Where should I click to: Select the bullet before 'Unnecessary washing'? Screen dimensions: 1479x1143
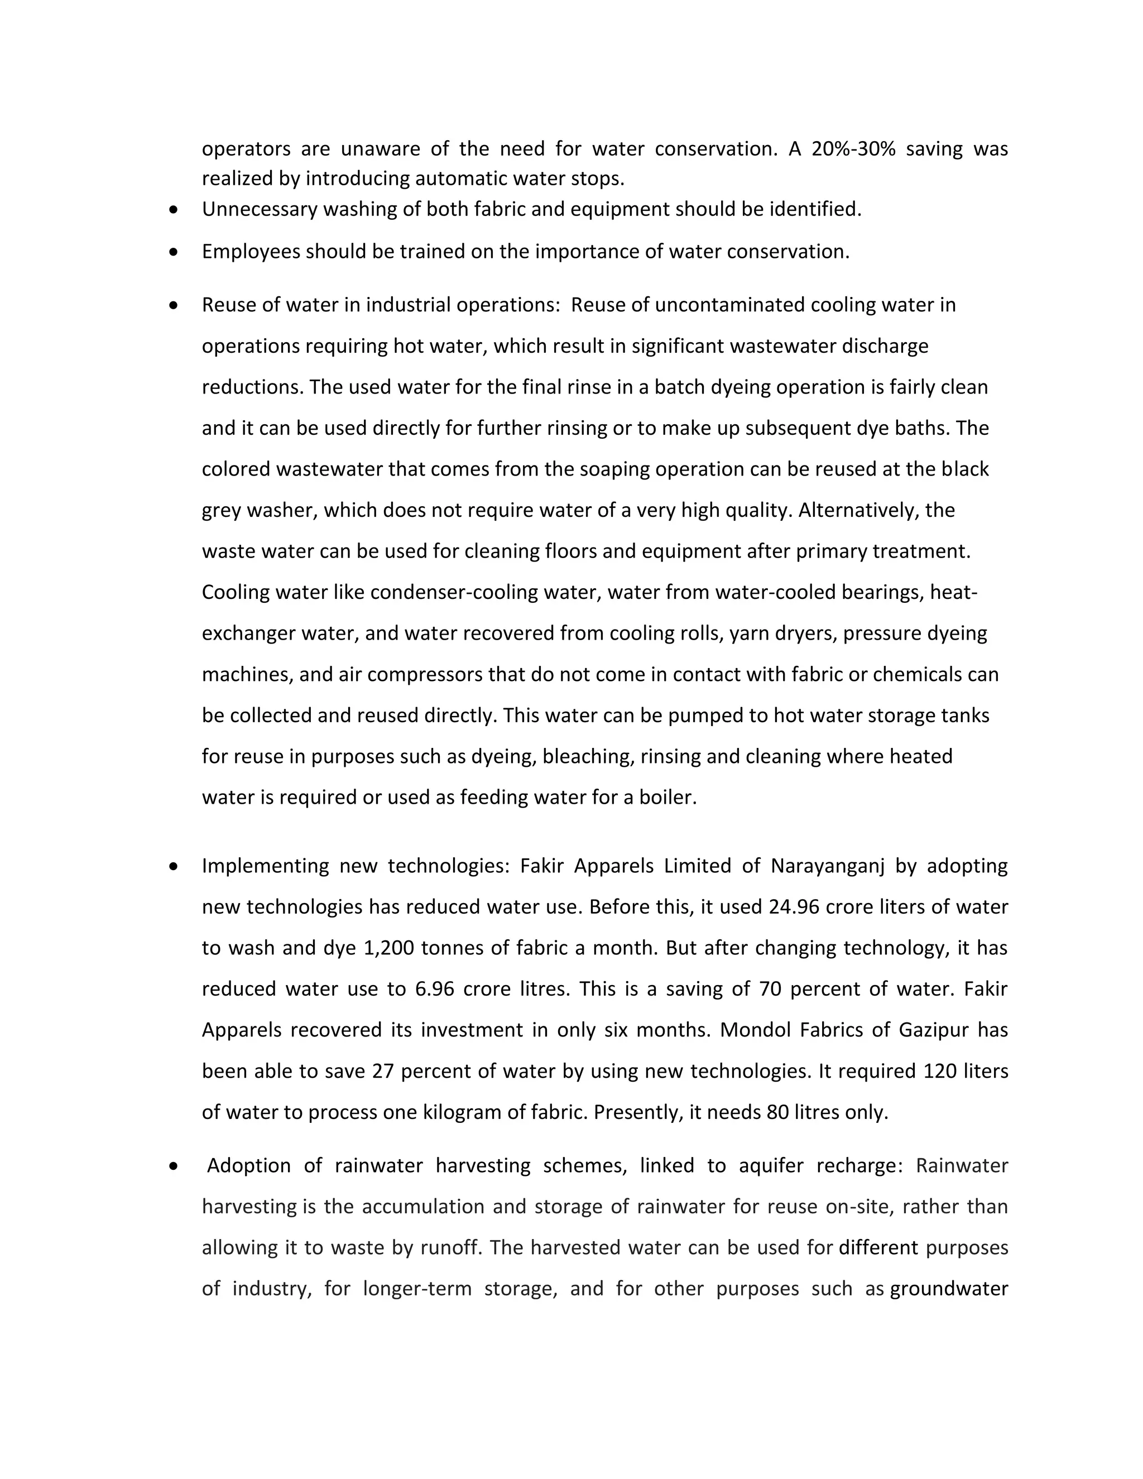coord(175,210)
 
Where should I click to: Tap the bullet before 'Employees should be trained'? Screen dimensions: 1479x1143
coord(175,252)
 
